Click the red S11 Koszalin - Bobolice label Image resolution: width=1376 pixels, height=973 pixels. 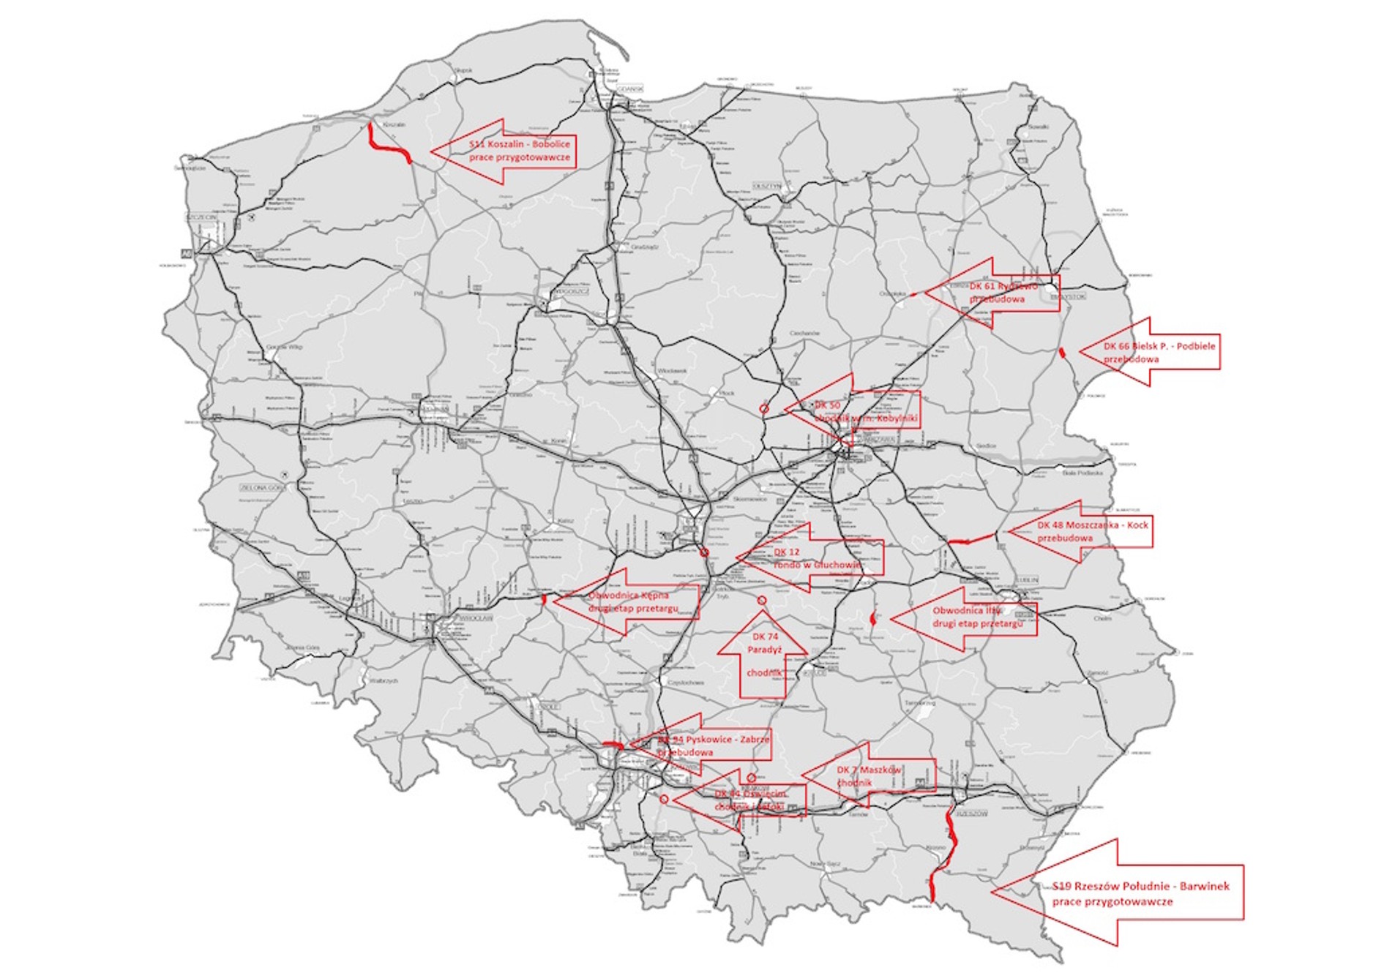point(520,151)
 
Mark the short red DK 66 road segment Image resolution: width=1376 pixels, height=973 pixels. point(1061,353)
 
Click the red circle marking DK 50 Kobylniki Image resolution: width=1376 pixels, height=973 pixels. point(764,409)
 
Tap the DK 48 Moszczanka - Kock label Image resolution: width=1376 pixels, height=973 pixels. point(1092,531)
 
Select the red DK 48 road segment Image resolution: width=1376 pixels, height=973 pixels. point(971,541)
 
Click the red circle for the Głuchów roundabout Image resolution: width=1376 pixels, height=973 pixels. point(704,553)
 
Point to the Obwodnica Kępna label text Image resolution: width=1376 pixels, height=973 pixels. point(632,601)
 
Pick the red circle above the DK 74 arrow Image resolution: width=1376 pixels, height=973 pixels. point(762,601)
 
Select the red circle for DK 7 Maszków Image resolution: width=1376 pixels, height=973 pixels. point(752,778)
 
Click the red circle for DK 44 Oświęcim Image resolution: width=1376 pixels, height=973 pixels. point(664,799)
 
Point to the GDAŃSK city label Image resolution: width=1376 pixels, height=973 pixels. point(629,89)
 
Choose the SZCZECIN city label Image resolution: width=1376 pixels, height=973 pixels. point(201,218)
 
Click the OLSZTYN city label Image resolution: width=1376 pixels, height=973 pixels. point(766,187)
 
